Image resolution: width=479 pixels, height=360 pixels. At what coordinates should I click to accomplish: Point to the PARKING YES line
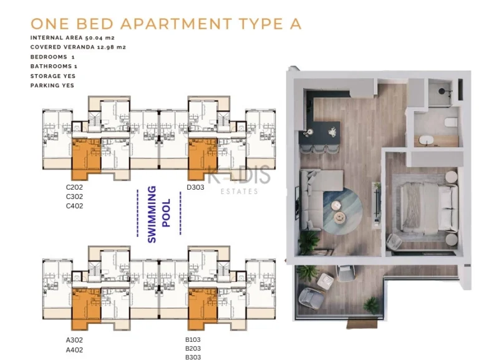click(x=52, y=85)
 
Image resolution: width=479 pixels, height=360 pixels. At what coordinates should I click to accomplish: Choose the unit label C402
click(x=74, y=206)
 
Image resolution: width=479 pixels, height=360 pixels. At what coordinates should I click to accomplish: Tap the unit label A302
click(x=74, y=341)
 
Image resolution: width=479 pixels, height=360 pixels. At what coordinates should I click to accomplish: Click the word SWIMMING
click(x=152, y=214)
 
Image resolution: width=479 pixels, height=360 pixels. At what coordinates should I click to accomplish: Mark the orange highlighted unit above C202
click(x=86, y=160)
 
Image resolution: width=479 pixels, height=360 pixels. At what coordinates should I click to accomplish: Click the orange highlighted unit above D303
click(x=202, y=159)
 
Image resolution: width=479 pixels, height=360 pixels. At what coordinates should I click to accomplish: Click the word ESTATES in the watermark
click(x=239, y=192)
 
